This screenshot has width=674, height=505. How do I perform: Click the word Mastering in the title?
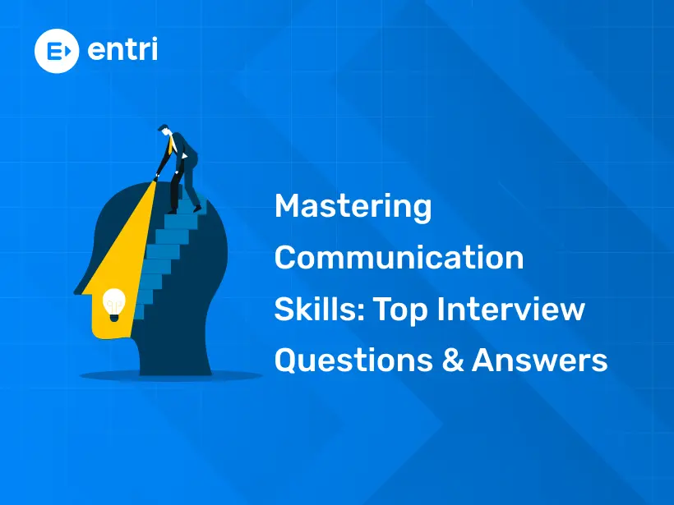coord(353,207)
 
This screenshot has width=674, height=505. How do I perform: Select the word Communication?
coord(399,258)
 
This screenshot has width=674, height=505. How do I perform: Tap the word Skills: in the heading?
coord(318,310)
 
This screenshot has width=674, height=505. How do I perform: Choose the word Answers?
coord(540,360)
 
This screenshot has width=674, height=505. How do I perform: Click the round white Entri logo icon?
coord(55,50)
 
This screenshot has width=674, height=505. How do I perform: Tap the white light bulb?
coord(113,303)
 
